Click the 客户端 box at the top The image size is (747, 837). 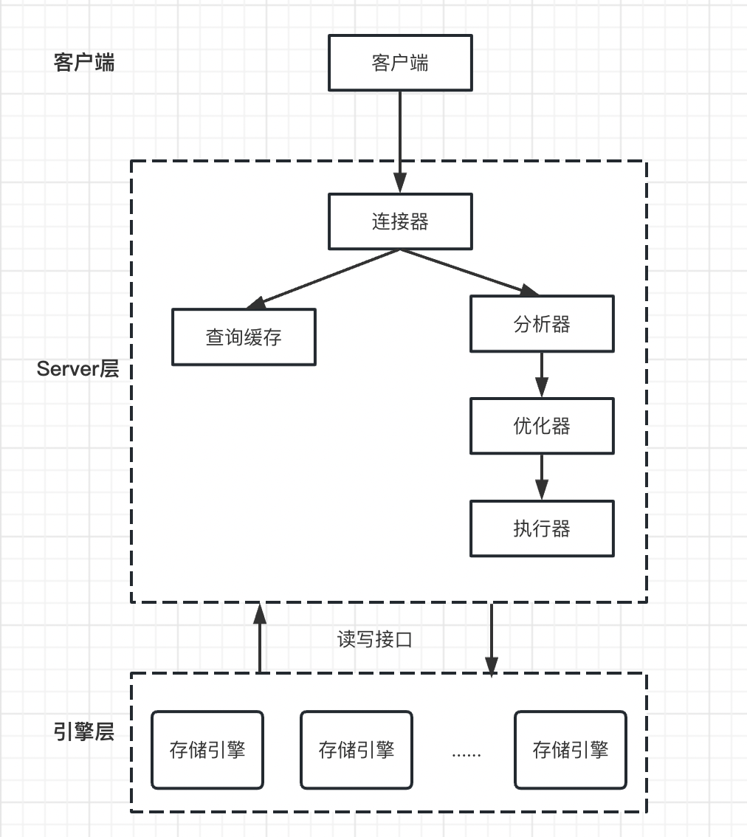click(x=399, y=63)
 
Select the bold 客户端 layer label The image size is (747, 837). click(x=84, y=62)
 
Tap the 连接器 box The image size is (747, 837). click(x=399, y=221)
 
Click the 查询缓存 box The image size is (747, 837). click(x=244, y=337)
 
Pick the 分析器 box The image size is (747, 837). click(x=542, y=323)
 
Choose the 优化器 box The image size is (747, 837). click(x=542, y=426)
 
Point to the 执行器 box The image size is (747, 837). click(x=542, y=528)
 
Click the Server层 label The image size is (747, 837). click(x=78, y=369)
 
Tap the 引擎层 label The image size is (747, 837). click(x=84, y=732)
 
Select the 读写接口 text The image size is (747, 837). click(x=374, y=639)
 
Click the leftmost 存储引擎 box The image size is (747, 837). click(x=207, y=750)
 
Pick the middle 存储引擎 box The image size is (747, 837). click(x=357, y=750)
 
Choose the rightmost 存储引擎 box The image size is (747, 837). click(x=571, y=750)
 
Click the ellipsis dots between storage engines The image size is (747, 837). click(x=466, y=754)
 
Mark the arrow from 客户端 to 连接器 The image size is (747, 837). click(x=399, y=140)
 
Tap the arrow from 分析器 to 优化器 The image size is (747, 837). click(x=542, y=374)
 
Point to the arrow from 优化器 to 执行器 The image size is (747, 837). click(x=542, y=477)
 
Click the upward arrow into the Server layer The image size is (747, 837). click(x=259, y=638)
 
